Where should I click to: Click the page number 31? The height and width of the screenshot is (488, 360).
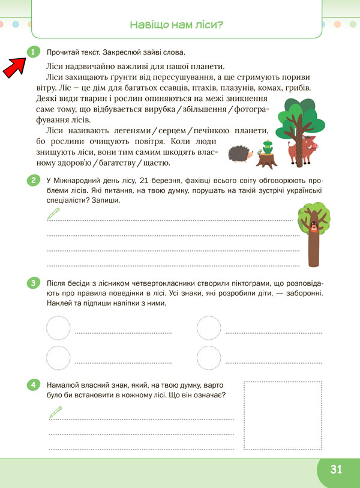pos(335,469)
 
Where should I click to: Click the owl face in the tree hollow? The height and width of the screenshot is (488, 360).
pos(313,227)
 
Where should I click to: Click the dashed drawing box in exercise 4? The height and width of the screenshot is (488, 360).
pos(283,415)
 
